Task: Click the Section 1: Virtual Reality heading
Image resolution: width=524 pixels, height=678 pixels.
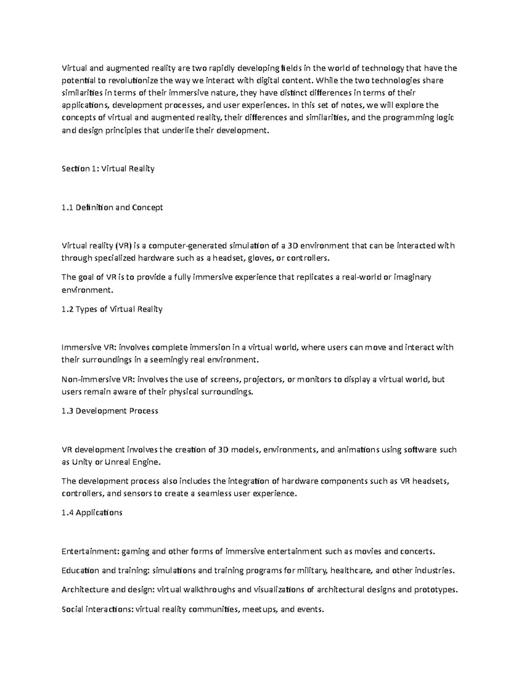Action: coord(108,169)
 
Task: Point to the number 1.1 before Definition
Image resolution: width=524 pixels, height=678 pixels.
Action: coord(68,207)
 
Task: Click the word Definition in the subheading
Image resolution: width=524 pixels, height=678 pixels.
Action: coord(94,207)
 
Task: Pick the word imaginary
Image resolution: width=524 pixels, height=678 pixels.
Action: coord(413,277)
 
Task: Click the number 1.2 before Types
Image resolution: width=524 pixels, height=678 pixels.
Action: coord(68,309)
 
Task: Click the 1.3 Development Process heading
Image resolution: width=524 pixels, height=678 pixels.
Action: coord(110,411)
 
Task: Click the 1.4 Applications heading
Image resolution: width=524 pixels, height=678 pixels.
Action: coord(92,513)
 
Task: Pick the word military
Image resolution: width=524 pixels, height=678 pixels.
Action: coord(313,570)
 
